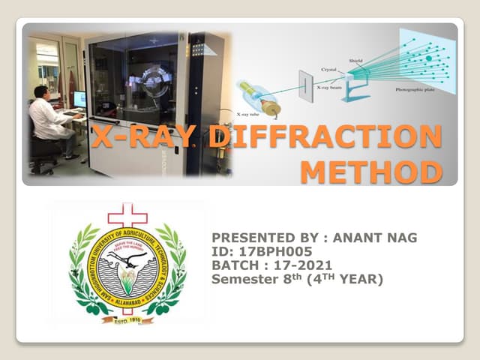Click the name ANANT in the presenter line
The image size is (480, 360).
358,238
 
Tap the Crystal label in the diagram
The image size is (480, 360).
328,69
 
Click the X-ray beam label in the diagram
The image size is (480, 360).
331,88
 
